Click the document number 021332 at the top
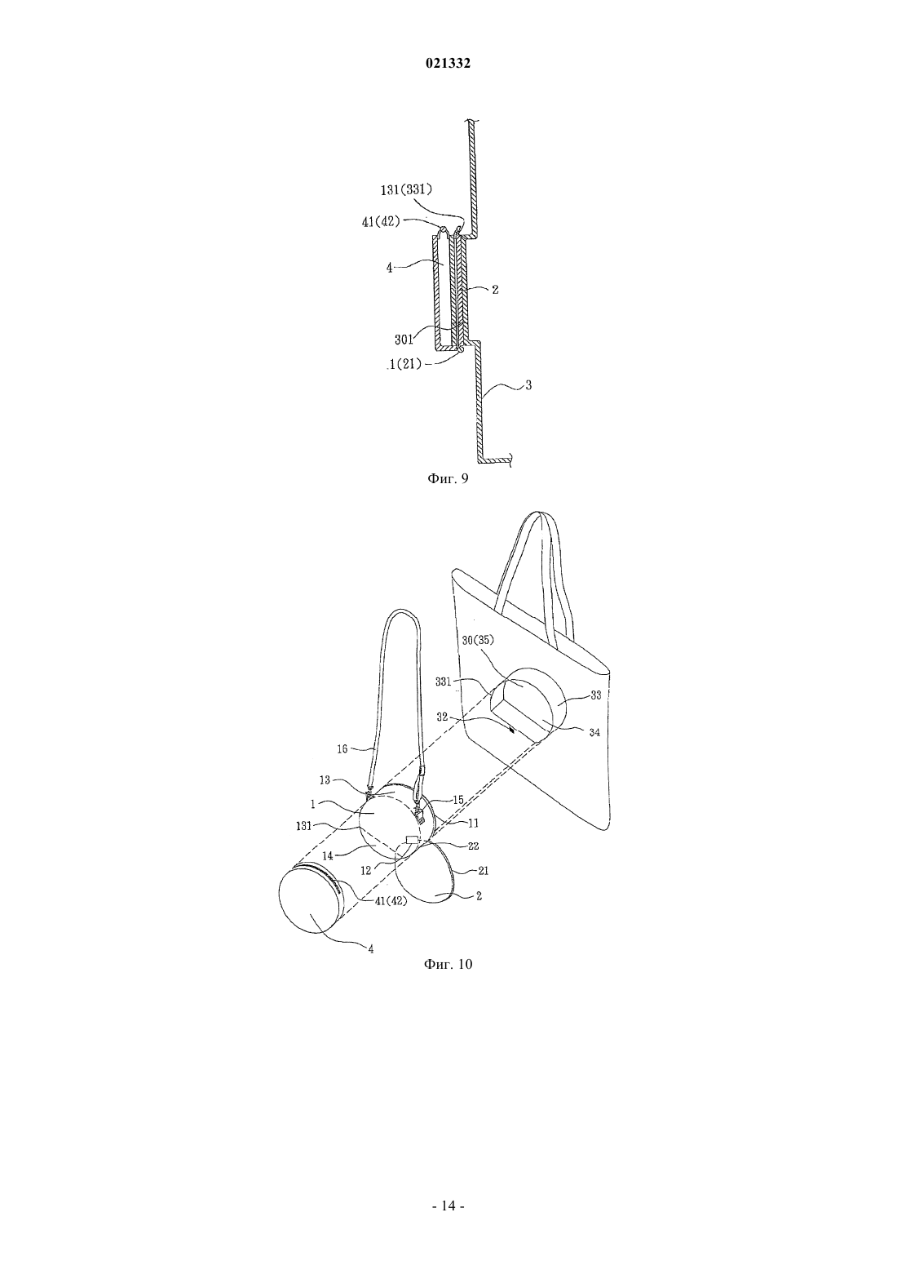[448, 64]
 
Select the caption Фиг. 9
[448, 479]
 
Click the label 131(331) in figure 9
[407, 190]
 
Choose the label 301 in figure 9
[404, 340]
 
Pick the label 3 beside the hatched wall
[528, 385]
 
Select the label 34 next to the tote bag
[594, 733]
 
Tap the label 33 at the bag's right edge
[596, 695]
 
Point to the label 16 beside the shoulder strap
[342, 749]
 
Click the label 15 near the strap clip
[457, 800]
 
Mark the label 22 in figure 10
[474, 846]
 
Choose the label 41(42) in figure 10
[391, 900]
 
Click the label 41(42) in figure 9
[381, 222]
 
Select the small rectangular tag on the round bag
[412, 839]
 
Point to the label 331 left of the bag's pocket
[444, 682]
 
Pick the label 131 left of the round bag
[304, 826]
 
